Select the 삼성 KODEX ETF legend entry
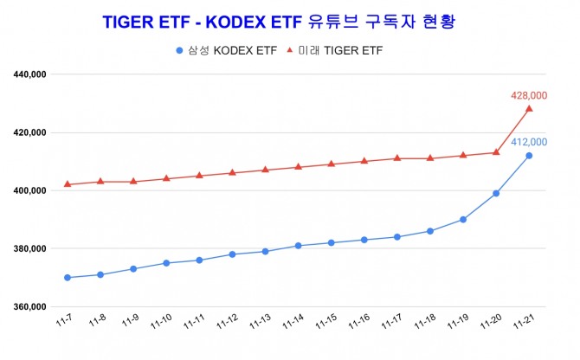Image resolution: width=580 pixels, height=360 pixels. coord(227,50)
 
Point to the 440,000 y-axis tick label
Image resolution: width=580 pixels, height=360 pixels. coord(30,75)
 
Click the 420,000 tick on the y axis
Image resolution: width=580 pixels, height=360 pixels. coord(30,133)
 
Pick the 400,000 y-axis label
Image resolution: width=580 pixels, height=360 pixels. coord(30,191)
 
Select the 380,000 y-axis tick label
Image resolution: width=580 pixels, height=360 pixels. coord(30,249)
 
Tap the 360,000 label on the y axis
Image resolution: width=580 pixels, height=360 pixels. coord(30,307)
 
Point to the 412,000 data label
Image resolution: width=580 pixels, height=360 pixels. coord(529,142)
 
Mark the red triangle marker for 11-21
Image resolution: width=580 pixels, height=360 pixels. coord(529,108)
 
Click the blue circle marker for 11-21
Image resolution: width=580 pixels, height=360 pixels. coord(529,156)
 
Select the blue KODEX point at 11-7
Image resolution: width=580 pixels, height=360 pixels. coord(68,278)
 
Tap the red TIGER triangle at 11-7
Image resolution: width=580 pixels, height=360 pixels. coord(68,184)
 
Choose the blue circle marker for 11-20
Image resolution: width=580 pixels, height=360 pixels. coord(496,193)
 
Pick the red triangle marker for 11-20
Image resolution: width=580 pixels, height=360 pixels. coord(496,152)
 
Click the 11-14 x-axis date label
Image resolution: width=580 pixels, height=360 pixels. coord(294,323)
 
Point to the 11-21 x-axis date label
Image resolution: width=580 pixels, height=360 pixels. coord(525,323)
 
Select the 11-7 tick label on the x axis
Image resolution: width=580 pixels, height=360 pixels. coord(66,322)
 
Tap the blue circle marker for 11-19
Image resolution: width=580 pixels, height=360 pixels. coord(463,220)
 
